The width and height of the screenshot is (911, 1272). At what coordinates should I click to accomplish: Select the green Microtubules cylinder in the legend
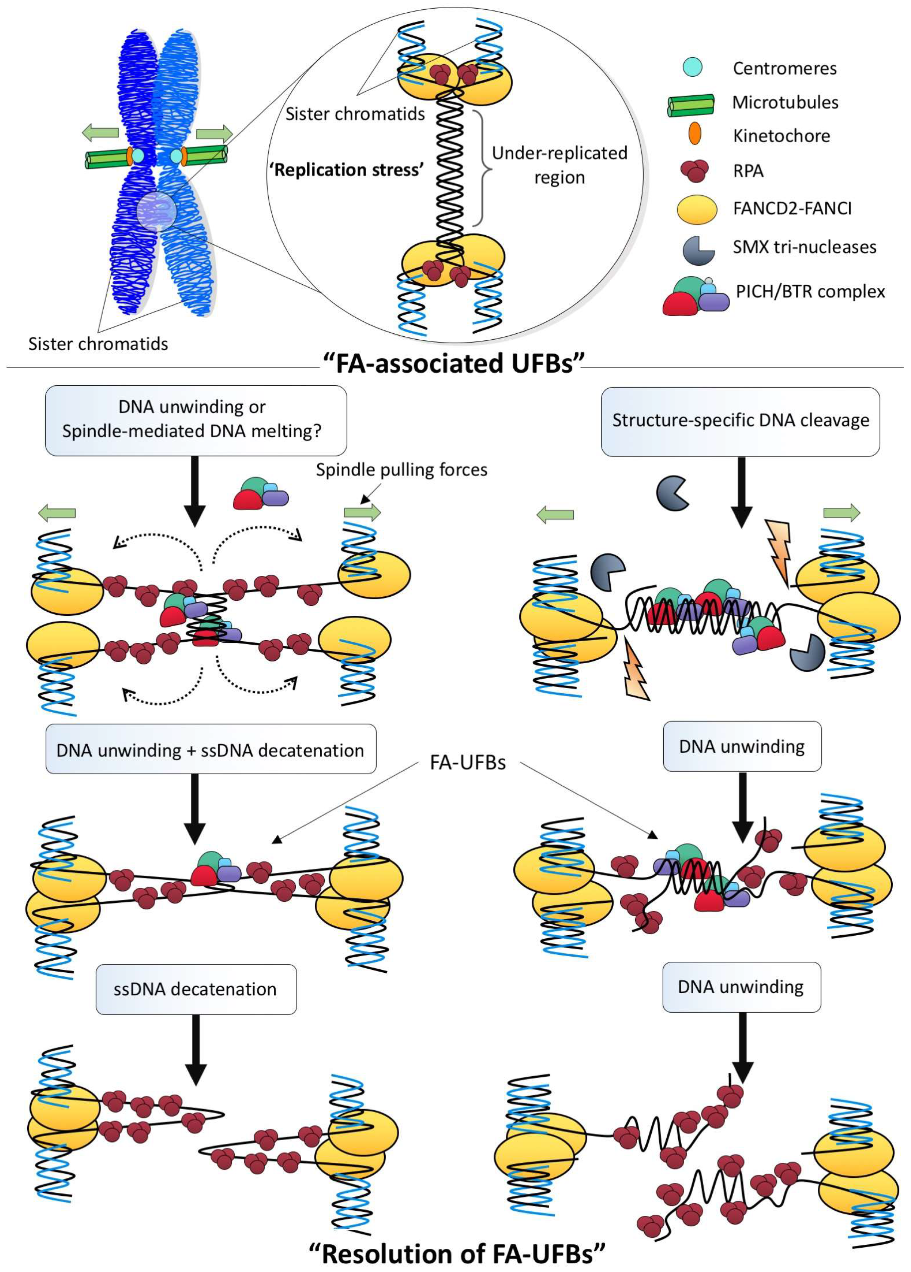tap(691, 104)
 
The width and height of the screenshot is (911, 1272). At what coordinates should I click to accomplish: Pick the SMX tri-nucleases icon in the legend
tap(698, 250)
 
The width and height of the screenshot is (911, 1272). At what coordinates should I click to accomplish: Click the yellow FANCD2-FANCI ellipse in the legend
tap(697, 209)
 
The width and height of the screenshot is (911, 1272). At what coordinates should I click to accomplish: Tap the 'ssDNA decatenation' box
tap(196, 989)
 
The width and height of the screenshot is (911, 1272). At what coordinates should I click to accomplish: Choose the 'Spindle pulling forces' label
tap(401, 470)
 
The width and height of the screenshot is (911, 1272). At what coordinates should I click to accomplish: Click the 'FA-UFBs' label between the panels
tap(467, 762)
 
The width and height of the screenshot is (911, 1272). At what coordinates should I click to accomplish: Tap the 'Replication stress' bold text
tap(346, 169)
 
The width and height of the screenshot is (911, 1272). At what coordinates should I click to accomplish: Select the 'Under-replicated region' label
tap(559, 165)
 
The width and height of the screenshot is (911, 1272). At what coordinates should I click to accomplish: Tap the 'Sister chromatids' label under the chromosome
tap(98, 343)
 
